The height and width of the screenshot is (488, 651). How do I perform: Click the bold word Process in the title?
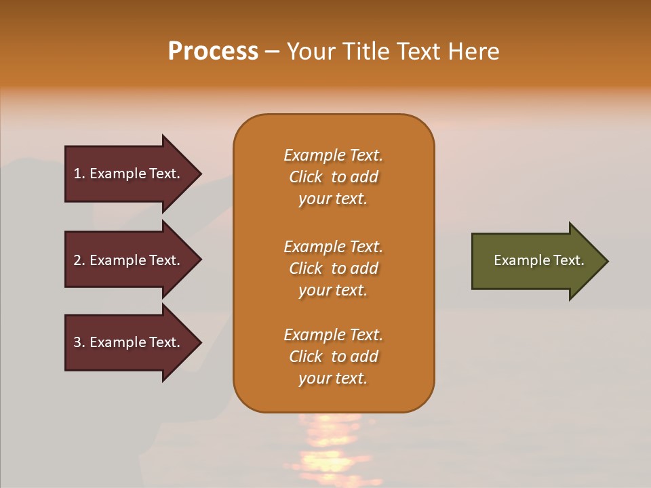pyautogui.click(x=213, y=52)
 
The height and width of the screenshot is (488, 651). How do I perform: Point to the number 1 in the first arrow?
pyautogui.click(x=77, y=174)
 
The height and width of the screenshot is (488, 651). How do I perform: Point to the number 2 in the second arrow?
pyautogui.click(x=77, y=260)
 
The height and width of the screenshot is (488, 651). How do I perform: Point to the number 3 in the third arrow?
pyautogui.click(x=77, y=342)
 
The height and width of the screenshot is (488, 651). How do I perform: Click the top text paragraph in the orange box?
pyautogui.click(x=333, y=177)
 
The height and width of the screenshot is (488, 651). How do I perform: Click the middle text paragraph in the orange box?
pyautogui.click(x=333, y=268)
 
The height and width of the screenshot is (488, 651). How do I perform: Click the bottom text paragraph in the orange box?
pyautogui.click(x=333, y=356)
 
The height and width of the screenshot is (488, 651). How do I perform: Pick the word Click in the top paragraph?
pyautogui.click(x=306, y=177)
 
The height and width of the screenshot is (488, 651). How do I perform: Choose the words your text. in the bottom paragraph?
pyautogui.click(x=333, y=378)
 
